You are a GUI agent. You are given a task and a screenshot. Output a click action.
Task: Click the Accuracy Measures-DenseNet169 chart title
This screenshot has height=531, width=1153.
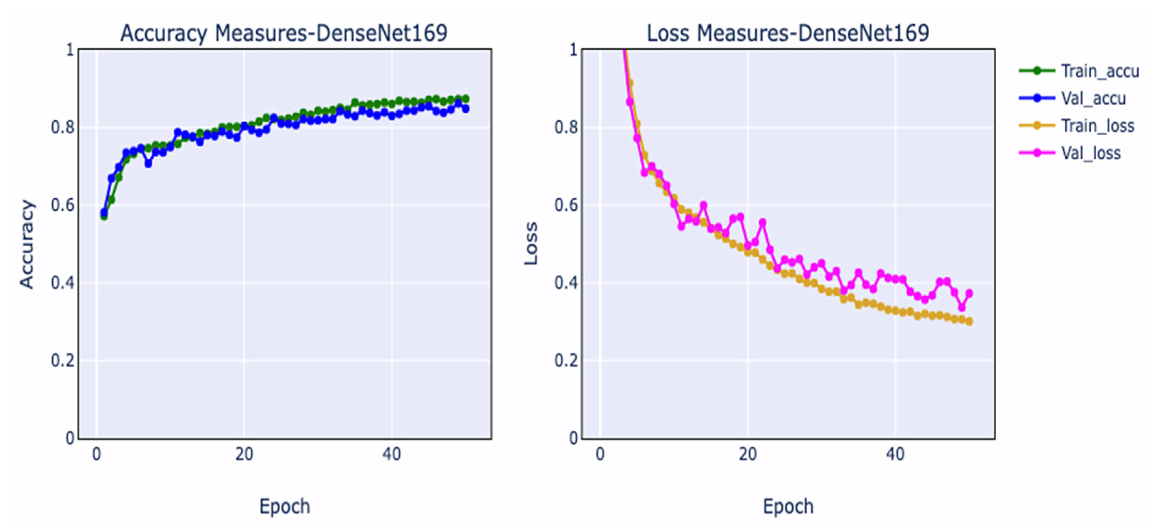pos(284,33)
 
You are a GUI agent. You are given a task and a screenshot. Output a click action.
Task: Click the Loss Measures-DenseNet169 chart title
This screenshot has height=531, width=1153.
pos(788,33)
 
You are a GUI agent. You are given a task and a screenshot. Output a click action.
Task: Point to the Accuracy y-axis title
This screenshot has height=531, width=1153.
pos(27,244)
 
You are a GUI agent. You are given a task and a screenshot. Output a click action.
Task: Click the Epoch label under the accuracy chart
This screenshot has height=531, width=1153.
pos(285,506)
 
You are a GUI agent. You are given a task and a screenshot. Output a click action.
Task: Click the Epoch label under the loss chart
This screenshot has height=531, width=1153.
pos(788,506)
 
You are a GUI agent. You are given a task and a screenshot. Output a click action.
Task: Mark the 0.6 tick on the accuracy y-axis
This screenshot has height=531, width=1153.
pos(63,205)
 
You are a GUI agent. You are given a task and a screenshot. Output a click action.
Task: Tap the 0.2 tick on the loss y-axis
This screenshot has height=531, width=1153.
pos(566,361)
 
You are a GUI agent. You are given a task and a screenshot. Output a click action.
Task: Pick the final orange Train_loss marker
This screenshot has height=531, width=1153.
pos(969,321)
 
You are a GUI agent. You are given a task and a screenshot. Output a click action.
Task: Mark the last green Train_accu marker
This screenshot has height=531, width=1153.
pos(465,99)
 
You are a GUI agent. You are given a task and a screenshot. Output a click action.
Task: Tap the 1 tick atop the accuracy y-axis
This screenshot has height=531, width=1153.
pos(70,50)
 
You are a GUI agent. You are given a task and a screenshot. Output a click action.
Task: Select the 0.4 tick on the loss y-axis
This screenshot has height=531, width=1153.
pos(566,283)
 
